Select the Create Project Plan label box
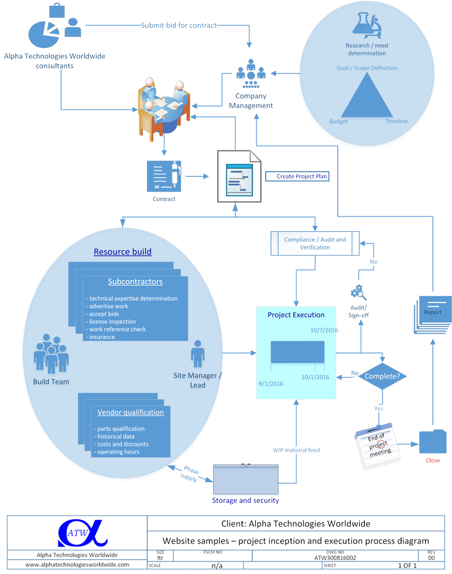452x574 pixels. pos(297,176)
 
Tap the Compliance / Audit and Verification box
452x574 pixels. pos(315,243)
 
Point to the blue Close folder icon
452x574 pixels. pos(432,442)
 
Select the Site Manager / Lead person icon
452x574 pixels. pos(197,353)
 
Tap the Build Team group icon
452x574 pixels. pos(50,357)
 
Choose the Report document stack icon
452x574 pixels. pos(432,314)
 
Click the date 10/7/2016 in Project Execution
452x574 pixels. pos(324,330)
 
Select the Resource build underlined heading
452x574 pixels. pos(123,251)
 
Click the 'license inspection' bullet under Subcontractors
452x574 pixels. pos(111,321)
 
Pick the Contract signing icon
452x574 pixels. pos(164,176)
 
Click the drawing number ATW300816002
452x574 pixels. pos(335,557)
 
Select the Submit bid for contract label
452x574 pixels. pos(179,25)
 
